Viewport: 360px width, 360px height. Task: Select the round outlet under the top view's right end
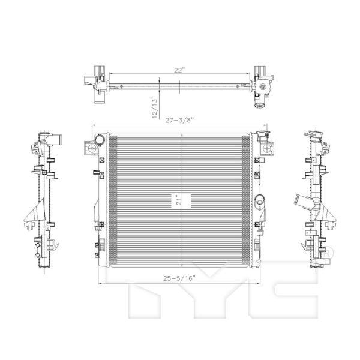[x=259, y=106]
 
